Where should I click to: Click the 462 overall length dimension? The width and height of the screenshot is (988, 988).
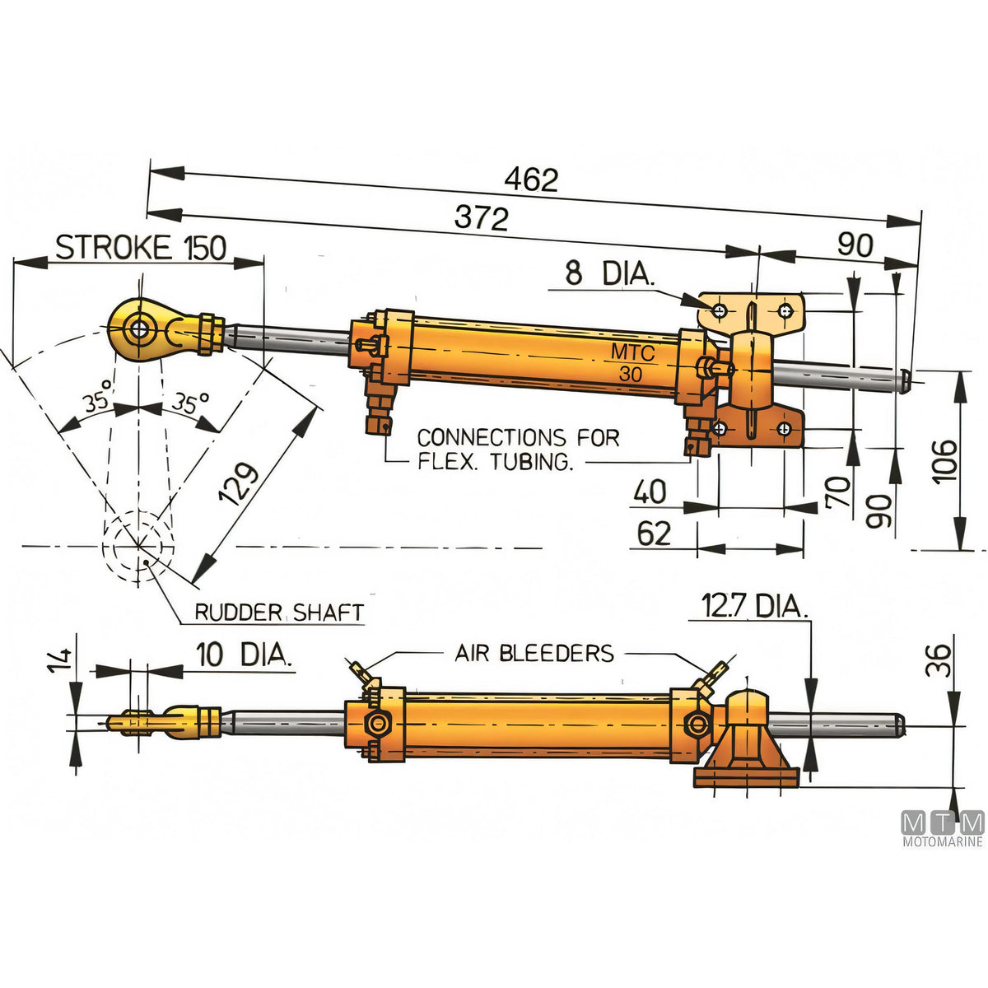point(531,180)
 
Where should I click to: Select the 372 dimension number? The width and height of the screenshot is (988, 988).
point(481,218)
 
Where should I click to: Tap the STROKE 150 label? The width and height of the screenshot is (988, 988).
point(141,248)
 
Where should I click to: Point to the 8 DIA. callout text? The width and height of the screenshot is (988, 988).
point(610,273)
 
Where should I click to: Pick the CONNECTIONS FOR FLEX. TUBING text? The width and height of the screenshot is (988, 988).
point(519,450)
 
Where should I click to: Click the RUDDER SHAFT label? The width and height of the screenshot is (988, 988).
point(279,613)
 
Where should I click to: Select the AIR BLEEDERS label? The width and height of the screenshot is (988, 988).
point(534,653)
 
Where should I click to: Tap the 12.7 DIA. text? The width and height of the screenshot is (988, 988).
point(754,606)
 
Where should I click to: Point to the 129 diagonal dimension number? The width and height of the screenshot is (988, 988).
point(238,484)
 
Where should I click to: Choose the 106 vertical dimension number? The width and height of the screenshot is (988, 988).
point(944,461)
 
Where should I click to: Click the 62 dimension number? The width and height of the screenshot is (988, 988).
point(654,534)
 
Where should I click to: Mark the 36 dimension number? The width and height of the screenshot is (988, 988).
point(939,660)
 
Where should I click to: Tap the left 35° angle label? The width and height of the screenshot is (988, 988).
point(98,395)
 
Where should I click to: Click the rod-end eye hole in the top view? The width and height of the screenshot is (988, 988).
point(138,329)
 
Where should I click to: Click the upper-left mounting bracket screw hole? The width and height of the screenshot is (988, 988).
point(720,310)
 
